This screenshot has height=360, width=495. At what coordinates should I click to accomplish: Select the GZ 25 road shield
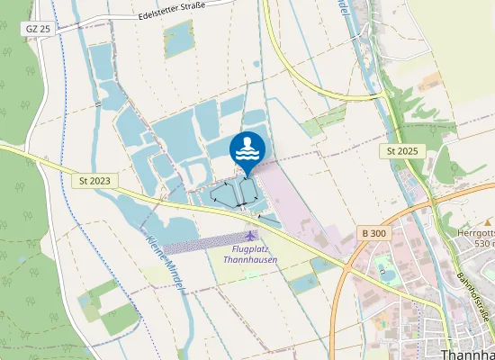37,30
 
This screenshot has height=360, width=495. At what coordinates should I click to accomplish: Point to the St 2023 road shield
94,181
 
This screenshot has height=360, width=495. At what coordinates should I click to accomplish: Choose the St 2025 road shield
403,150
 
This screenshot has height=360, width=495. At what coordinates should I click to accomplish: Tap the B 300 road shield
373,233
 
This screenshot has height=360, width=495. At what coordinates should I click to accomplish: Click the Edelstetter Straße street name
173,11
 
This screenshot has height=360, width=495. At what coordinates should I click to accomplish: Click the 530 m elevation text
482,244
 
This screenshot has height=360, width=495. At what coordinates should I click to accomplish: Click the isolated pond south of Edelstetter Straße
178,39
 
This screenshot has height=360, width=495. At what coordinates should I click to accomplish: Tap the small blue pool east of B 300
387,269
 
